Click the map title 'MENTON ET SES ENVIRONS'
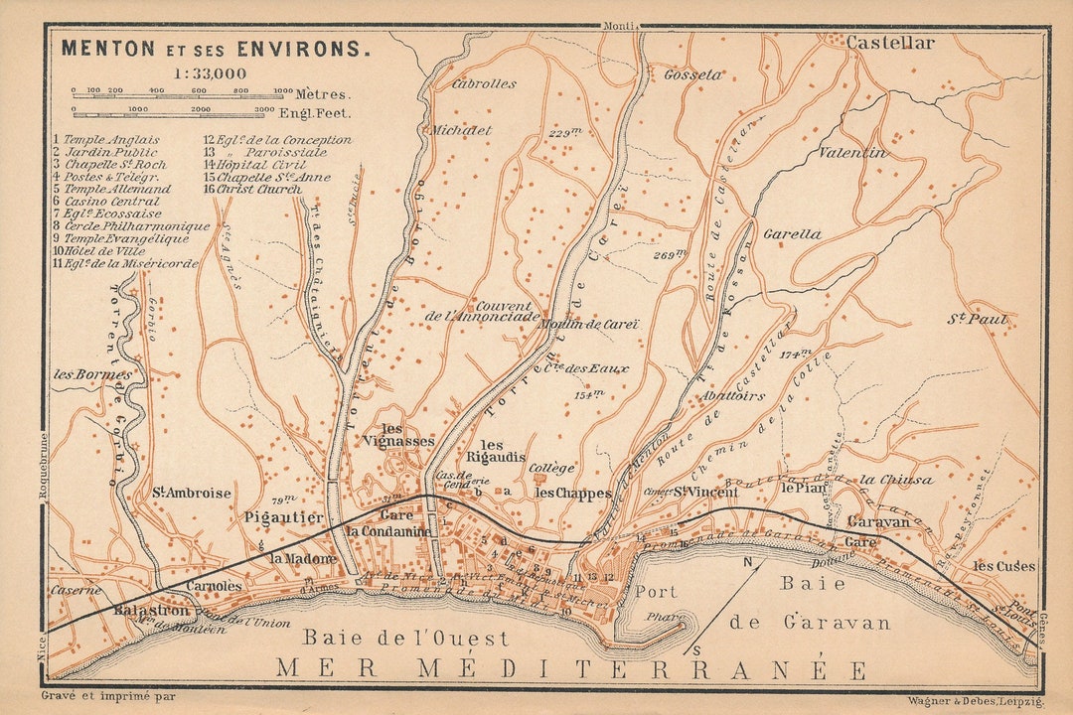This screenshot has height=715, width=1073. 216,47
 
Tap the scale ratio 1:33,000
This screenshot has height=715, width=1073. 210,72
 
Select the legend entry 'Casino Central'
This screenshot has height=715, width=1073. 111,202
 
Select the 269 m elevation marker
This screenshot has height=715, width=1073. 670,255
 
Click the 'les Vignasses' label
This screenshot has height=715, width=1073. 398,434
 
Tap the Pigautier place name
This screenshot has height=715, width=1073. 284,517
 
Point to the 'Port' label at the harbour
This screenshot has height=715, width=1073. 656,592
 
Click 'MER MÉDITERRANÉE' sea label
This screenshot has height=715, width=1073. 571,668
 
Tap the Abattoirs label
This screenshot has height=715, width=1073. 733,395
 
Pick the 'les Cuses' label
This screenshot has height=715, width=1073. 1003,566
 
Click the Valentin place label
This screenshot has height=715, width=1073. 851,153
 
